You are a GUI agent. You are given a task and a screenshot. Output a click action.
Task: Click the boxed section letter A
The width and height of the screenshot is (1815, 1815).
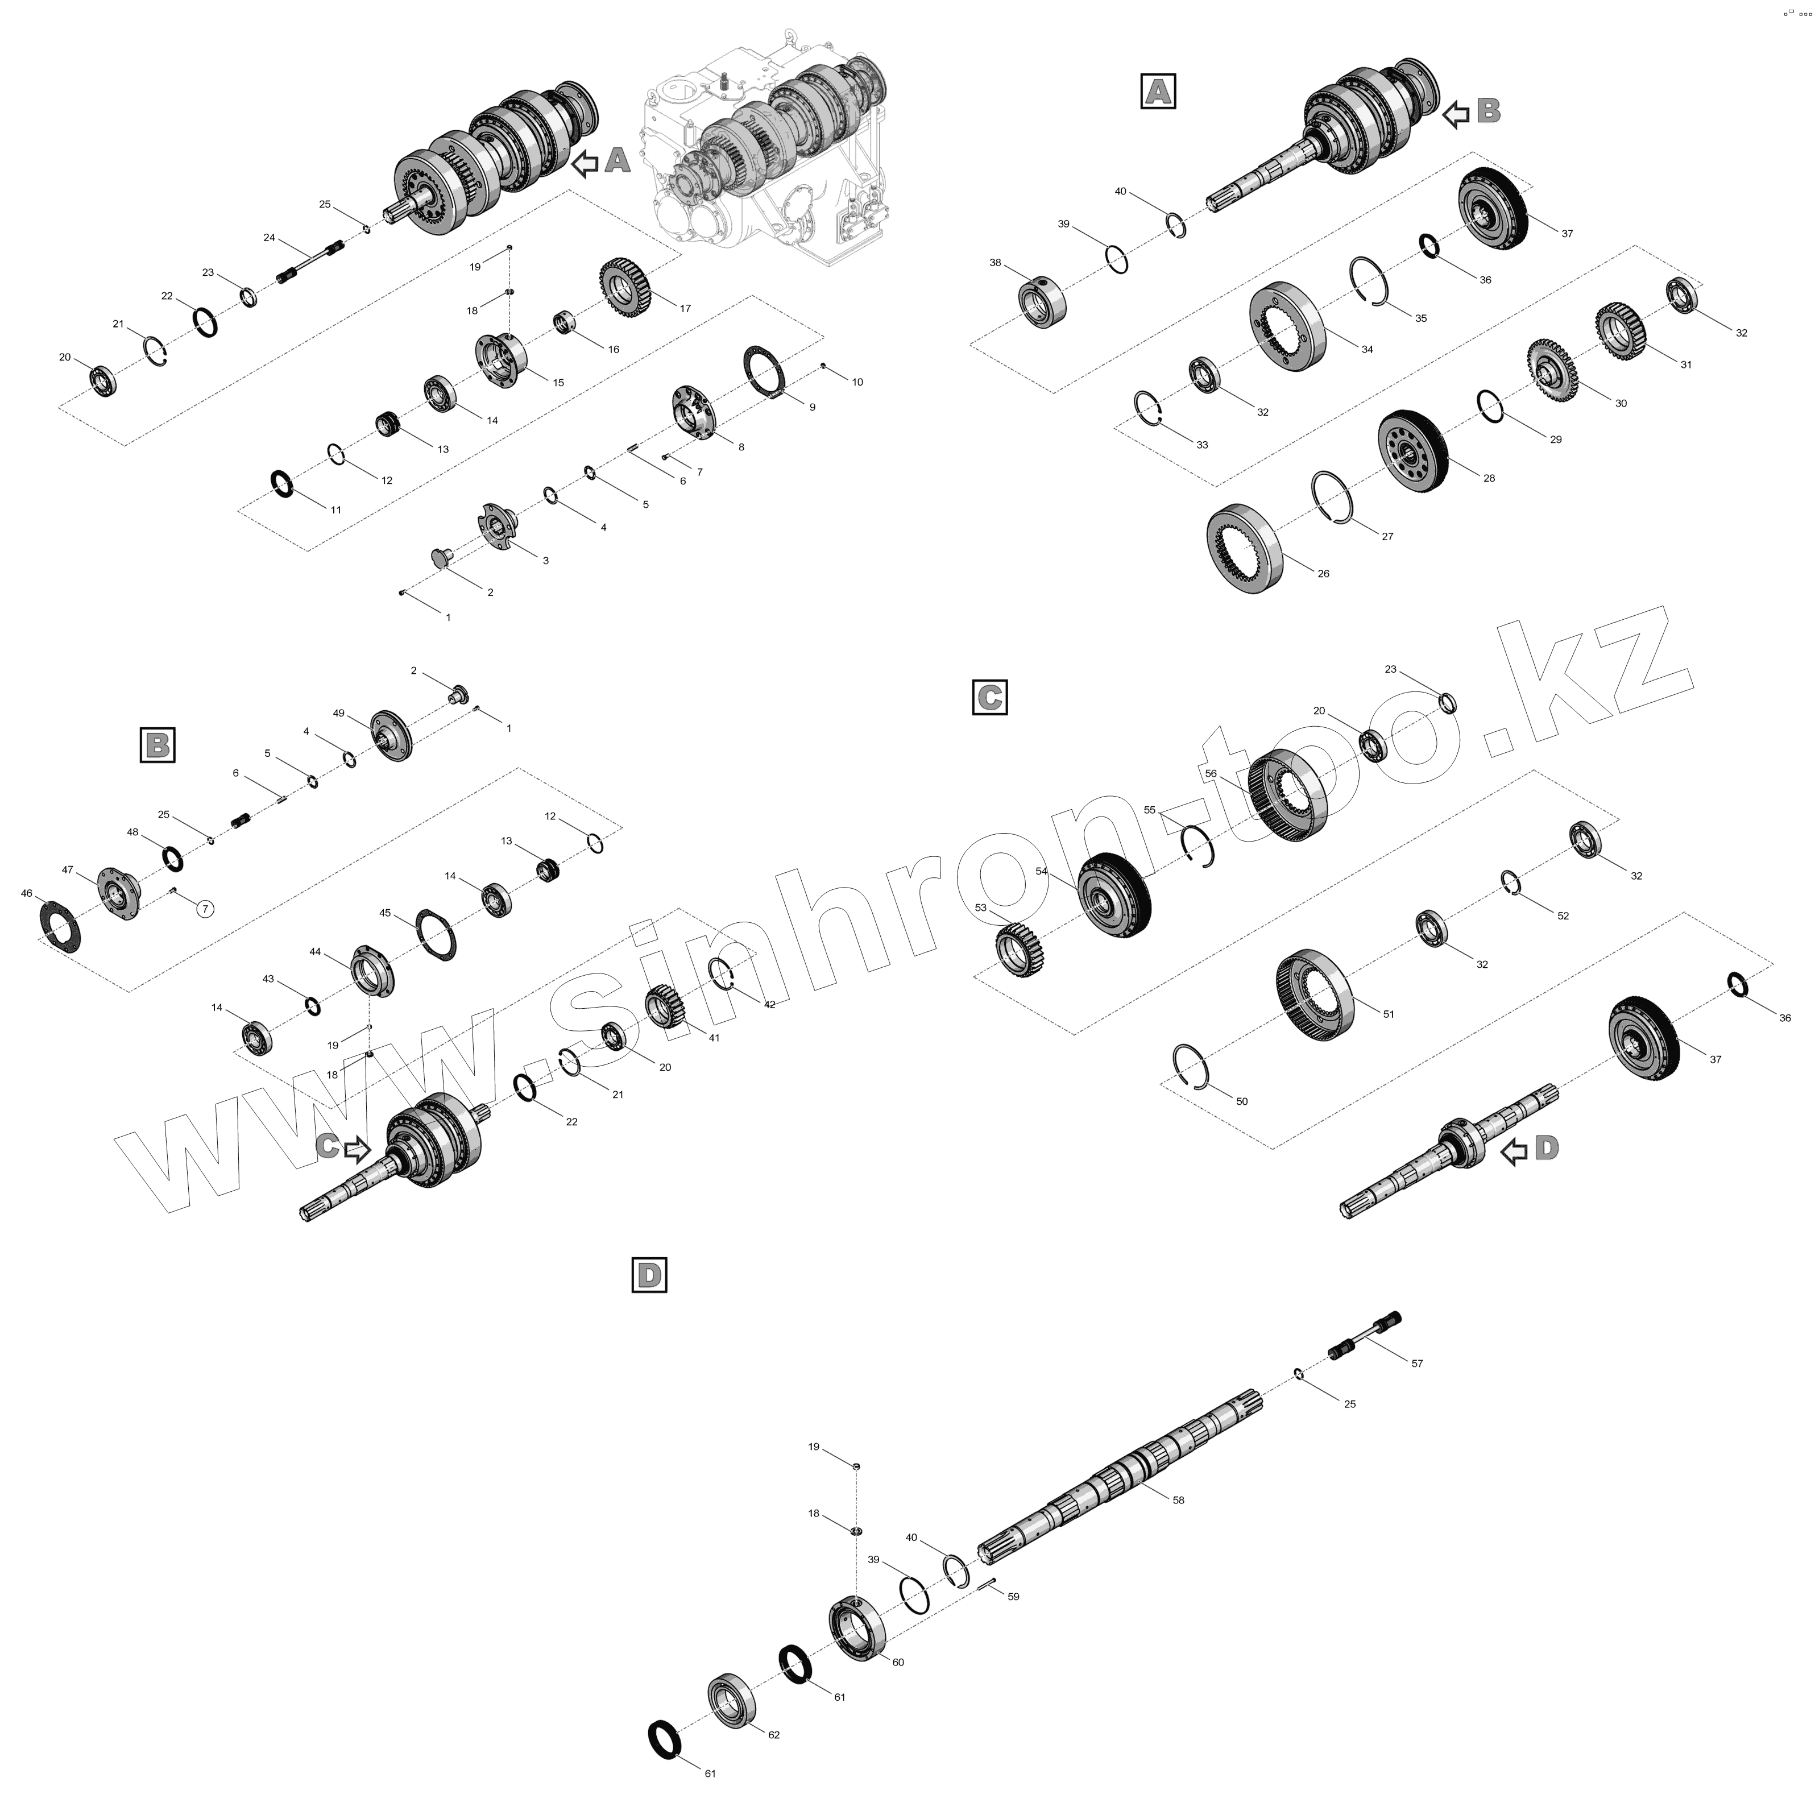click(x=1157, y=91)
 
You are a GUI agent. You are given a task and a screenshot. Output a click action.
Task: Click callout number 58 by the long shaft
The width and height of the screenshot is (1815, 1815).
click(x=1178, y=1501)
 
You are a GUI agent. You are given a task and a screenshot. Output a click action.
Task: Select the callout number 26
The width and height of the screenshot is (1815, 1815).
click(x=1324, y=573)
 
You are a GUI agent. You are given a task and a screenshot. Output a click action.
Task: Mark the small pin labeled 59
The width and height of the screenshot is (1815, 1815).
click(x=985, y=1585)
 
